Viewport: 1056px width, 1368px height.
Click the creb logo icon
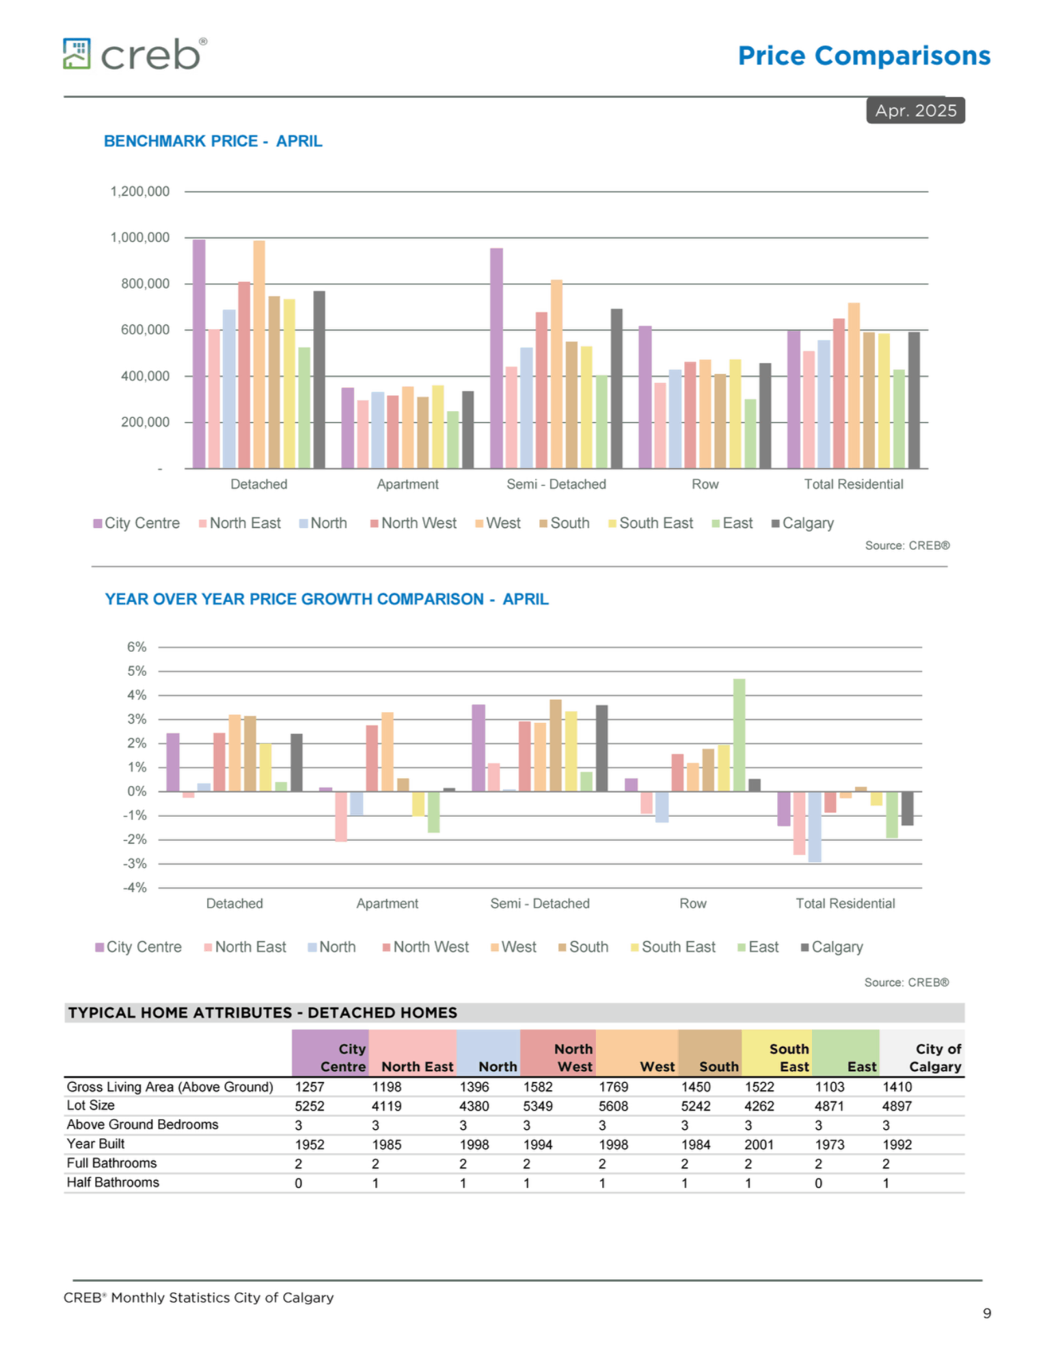(x=77, y=53)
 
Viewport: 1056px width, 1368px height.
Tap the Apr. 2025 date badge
(x=915, y=110)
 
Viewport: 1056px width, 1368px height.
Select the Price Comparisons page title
(x=864, y=55)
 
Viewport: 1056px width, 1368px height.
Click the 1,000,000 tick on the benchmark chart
(x=140, y=237)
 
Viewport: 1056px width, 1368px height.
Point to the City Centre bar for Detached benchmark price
(x=199, y=354)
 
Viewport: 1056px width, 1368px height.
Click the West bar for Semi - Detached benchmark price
(x=556, y=374)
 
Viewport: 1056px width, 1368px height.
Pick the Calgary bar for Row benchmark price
(x=765, y=416)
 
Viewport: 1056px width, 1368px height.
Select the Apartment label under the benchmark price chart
(x=407, y=484)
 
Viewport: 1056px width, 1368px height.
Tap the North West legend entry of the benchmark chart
(x=414, y=523)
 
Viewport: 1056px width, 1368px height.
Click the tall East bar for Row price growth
(x=739, y=735)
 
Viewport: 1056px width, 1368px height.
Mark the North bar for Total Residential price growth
(x=814, y=826)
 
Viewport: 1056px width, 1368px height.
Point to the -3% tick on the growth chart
(x=135, y=863)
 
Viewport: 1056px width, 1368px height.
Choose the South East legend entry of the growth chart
(x=673, y=947)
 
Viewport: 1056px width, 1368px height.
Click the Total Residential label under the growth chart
(x=845, y=904)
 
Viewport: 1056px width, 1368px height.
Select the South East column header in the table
(x=789, y=1057)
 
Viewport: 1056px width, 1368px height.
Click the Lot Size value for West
(x=613, y=1106)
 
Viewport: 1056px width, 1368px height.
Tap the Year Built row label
(x=96, y=1144)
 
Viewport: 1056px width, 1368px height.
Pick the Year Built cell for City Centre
(x=310, y=1144)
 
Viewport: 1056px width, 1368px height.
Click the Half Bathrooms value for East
(x=818, y=1183)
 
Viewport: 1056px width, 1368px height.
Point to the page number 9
(x=986, y=1313)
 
